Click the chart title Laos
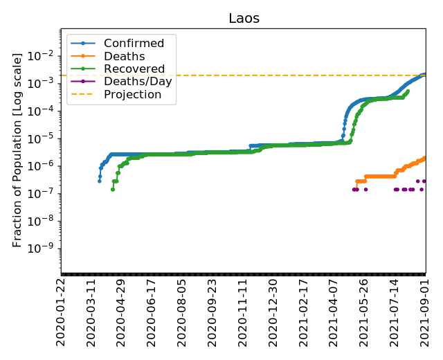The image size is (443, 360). click(x=244, y=19)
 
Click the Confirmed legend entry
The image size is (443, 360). click(x=134, y=44)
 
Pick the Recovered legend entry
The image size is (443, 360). click(x=134, y=69)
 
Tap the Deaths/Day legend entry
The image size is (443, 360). click(x=138, y=82)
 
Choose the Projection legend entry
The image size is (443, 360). click(x=132, y=94)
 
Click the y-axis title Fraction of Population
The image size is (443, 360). click(x=18, y=150)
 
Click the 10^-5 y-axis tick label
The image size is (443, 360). click(x=44, y=138)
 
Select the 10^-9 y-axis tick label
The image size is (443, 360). click(x=44, y=249)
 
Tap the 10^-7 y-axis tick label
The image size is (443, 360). click(x=44, y=193)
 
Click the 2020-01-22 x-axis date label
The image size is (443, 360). click(x=61, y=312)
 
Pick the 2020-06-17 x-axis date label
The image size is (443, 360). click(x=152, y=312)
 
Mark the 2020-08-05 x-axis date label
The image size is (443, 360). click(x=182, y=312)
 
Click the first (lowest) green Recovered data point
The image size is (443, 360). click(x=113, y=189)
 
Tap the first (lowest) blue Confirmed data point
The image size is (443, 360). click(x=100, y=181)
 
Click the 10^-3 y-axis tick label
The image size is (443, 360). click(x=44, y=83)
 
